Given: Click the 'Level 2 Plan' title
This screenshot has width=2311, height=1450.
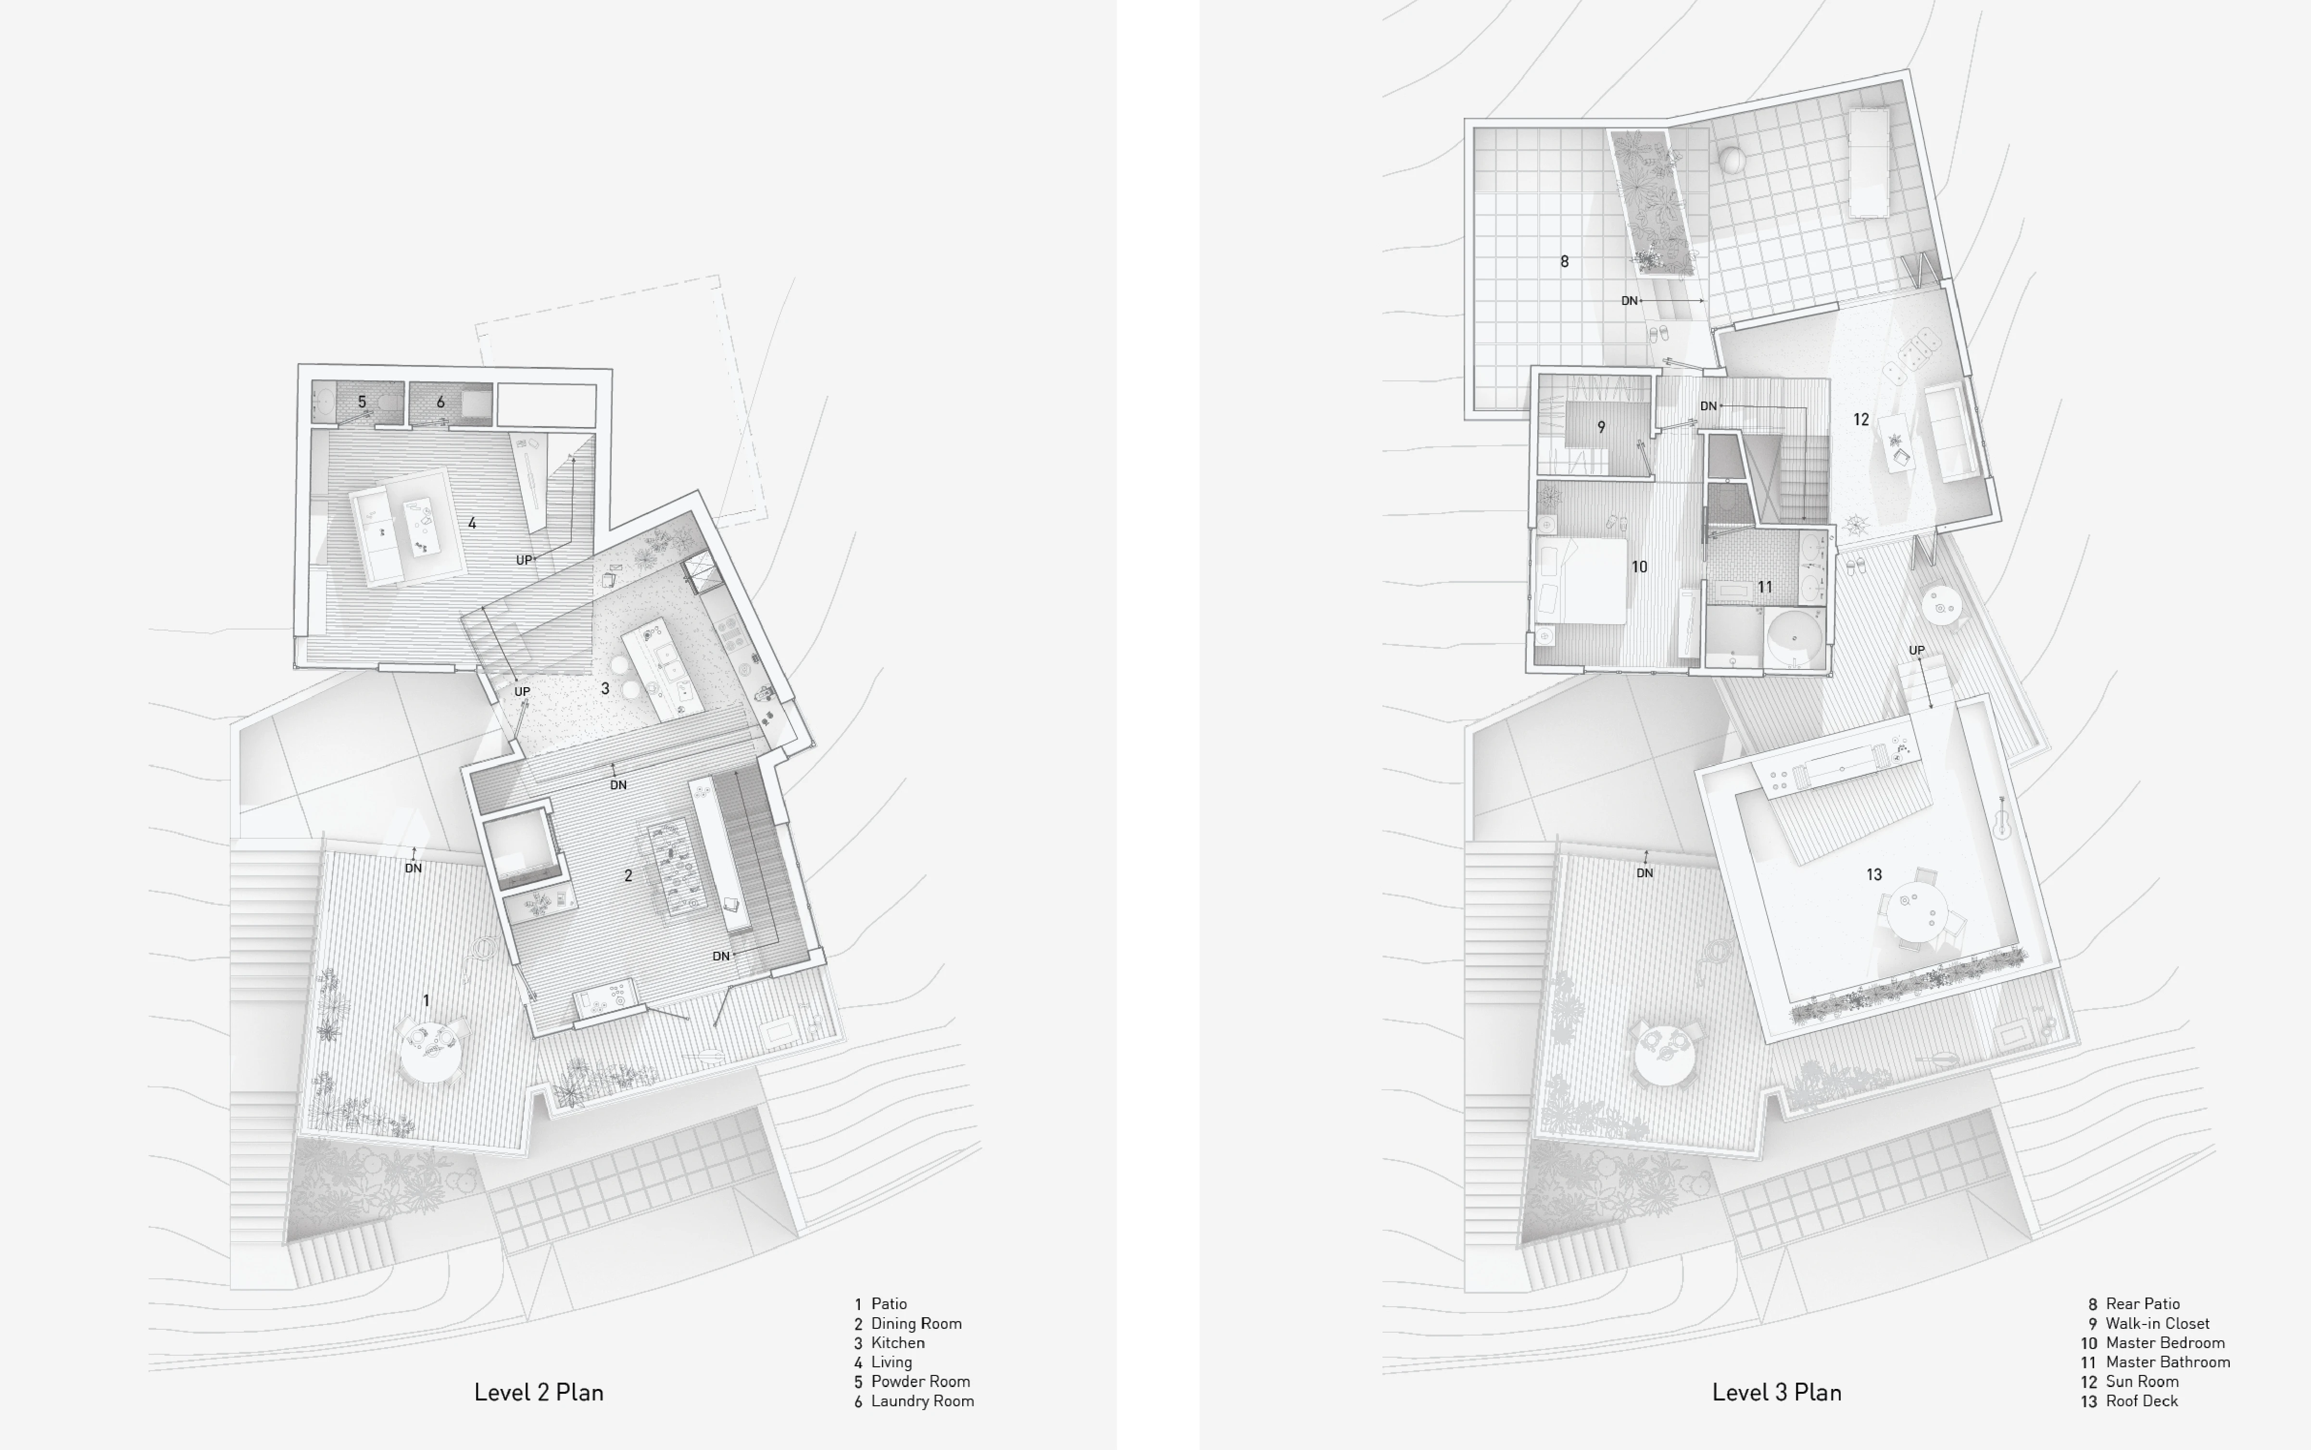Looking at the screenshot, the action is [x=539, y=1392].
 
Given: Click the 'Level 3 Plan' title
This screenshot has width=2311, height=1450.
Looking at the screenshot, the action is [x=1777, y=1392].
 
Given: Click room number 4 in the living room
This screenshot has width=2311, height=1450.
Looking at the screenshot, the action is [x=472, y=524].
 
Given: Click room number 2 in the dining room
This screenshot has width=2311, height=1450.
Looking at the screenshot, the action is [x=628, y=876].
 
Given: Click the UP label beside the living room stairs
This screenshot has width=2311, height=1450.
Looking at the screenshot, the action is [x=524, y=560].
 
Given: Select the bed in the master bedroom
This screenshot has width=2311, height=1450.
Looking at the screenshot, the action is [x=1582, y=581].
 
